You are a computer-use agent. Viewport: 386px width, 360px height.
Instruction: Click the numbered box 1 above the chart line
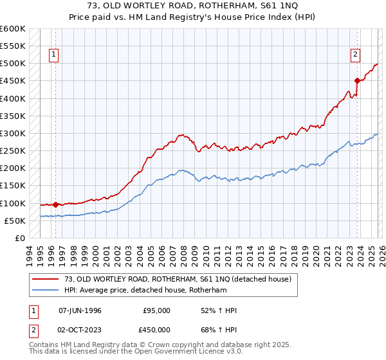(x=55, y=55)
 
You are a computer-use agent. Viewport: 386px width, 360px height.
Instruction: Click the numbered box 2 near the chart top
(x=354, y=55)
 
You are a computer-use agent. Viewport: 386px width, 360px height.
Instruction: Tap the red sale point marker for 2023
(x=358, y=80)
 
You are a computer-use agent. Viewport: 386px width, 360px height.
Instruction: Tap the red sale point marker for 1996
(x=56, y=204)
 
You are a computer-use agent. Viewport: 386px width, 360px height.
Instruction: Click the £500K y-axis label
(x=13, y=64)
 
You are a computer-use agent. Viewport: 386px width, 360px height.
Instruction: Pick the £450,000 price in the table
(x=156, y=330)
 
